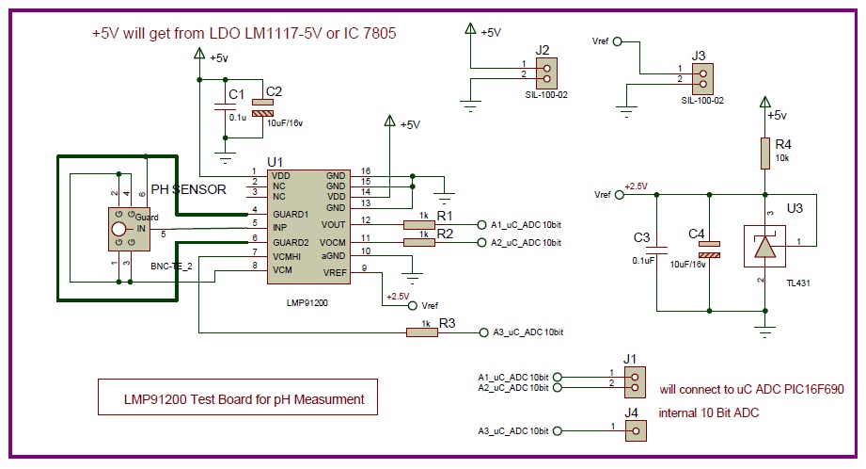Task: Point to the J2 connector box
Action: click(x=546, y=70)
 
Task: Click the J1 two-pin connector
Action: click(x=636, y=381)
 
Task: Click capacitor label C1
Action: click(x=236, y=96)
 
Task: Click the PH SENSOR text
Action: click(x=189, y=188)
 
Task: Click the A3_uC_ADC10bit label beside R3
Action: click(x=526, y=332)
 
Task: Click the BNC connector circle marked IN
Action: click(x=118, y=228)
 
